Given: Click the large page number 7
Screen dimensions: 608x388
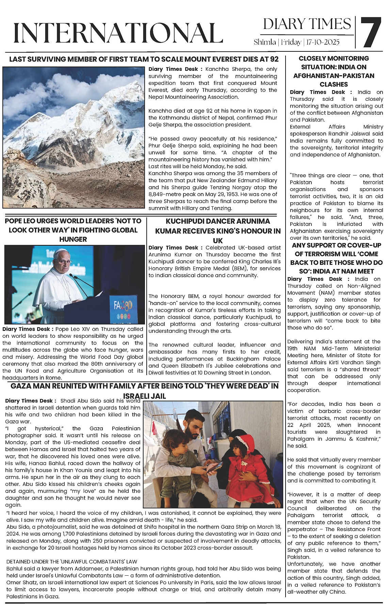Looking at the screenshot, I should (x=371, y=32).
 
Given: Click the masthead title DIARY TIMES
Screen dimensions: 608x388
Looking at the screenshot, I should (x=307, y=24).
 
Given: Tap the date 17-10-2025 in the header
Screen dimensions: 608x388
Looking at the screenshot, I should (x=323, y=42).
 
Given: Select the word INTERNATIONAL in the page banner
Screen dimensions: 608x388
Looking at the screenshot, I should (x=118, y=33).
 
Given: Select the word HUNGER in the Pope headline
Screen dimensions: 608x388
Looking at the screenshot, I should (x=73, y=239).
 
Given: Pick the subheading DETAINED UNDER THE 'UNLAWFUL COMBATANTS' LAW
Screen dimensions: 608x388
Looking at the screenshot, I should (x=72, y=562).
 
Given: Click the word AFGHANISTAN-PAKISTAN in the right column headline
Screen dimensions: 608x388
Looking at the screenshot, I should (x=334, y=76).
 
